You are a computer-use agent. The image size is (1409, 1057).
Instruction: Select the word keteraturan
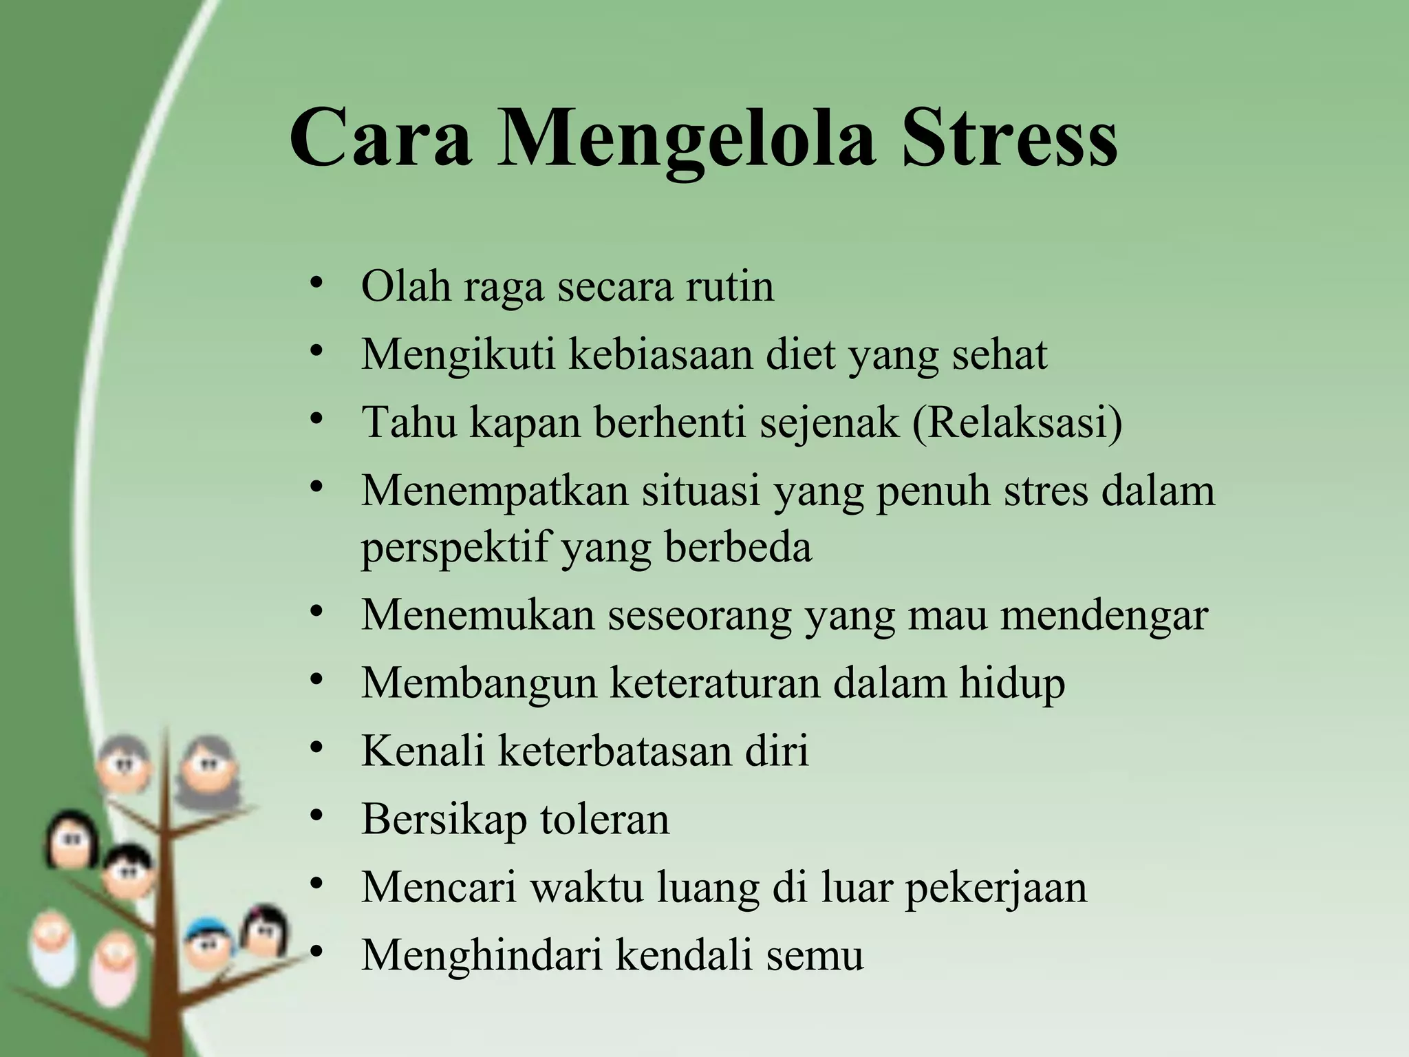pos(716,683)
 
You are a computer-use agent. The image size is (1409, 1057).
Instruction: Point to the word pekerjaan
pos(996,888)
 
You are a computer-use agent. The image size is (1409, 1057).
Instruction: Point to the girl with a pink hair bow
pos(264,929)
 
